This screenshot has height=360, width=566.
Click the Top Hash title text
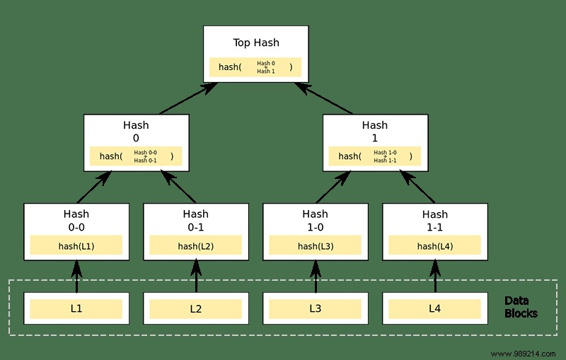click(x=255, y=42)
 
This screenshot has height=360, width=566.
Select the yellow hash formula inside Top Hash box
click(x=255, y=67)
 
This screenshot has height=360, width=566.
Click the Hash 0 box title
click(x=136, y=132)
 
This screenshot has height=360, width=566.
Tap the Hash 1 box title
click(x=375, y=132)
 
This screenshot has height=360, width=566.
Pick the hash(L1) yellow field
click(x=76, y=245)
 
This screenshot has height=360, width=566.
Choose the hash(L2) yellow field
click(x=196, y=245)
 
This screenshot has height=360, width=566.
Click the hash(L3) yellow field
click(x=316, y=245)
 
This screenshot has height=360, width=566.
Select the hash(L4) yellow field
click(x=435, y=245)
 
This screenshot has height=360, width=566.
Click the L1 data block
click(x=76, y=309)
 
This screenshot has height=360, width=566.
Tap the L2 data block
click(x=196, y=309)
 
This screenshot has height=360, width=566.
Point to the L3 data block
click(x=316, y=309)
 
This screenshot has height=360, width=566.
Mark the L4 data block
click(x=435, y=309)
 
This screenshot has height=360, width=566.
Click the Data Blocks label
click(x=521, y=307)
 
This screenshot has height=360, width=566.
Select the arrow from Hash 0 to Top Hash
click(x=188, y=98)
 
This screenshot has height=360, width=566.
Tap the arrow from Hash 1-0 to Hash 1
click(x=333, y=187)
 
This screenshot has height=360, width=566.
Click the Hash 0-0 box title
click(x=76, y=220)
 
